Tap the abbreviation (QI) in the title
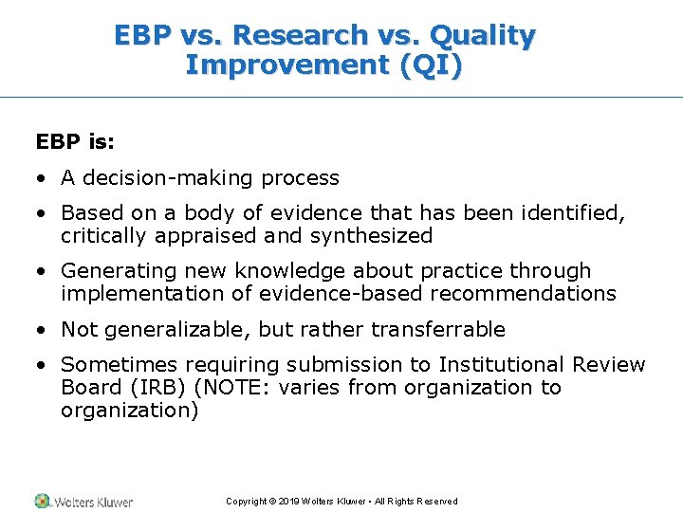(x=433, y=65)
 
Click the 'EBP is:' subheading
(x=75, y=141)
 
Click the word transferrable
(x=438, y=330)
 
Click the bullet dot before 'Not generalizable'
(x=42, y=330)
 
